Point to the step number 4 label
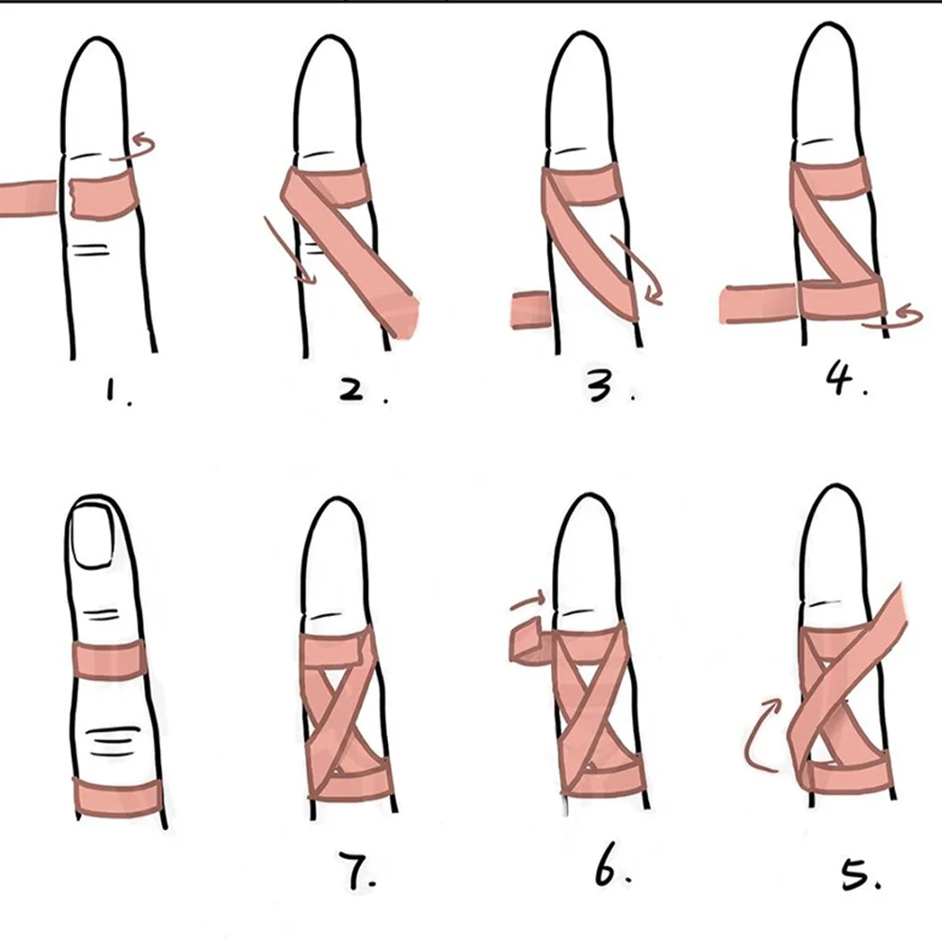coord(841,382)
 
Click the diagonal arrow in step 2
coord(286,250)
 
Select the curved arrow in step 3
coord(641,273)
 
